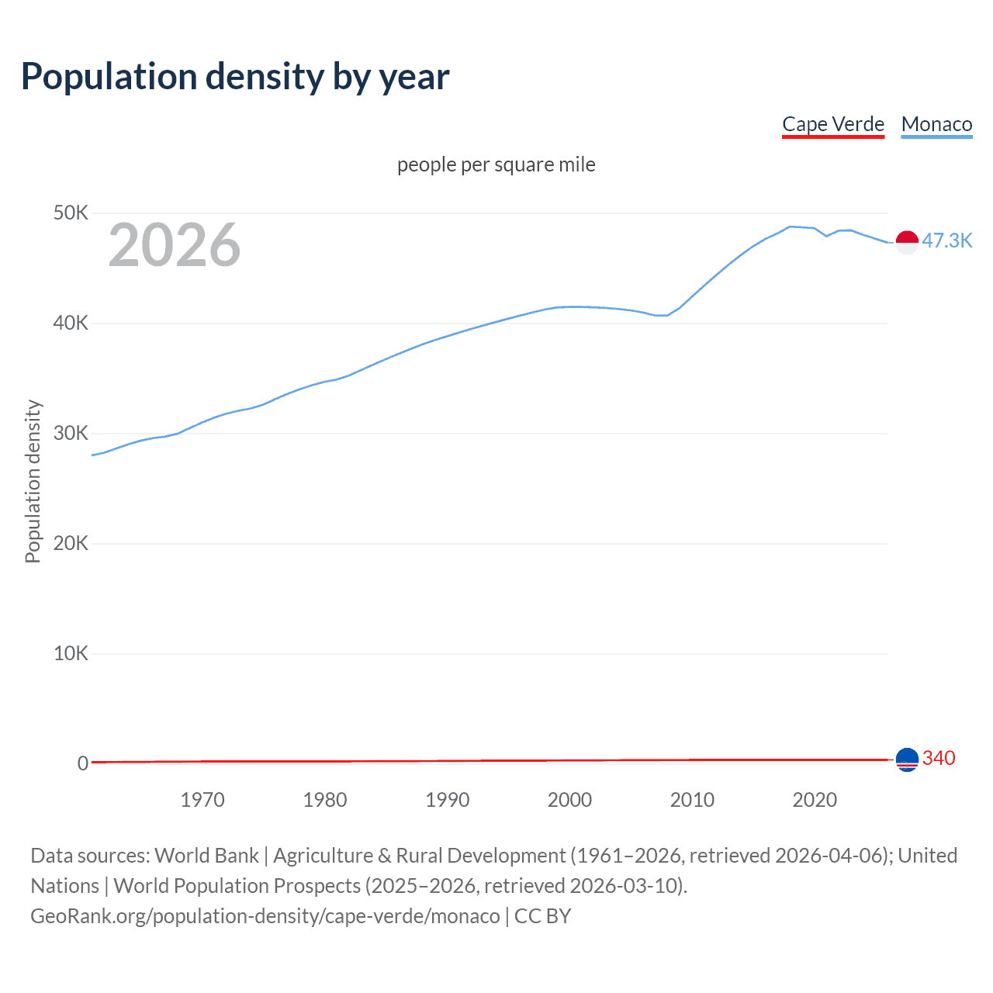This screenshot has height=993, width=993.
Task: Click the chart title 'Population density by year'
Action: pos(235,77)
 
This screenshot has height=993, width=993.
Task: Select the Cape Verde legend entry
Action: pos(832,124)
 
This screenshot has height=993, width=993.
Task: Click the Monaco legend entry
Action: pos(936,124)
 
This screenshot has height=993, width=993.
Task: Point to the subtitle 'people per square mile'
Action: pos(496,164)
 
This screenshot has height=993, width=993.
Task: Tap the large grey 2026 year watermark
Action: pos(175,245)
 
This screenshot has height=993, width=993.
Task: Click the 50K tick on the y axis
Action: pos(71,213)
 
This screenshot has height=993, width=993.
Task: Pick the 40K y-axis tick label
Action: pos(71,323)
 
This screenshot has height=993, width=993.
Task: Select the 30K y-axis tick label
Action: pos(71,433)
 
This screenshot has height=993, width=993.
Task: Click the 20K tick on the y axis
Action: pos(71,543)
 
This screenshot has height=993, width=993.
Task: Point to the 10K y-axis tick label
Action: pos(71,653)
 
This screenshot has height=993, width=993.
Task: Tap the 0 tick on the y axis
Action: pos(82,763)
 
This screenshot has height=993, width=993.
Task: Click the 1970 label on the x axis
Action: pos(202,800)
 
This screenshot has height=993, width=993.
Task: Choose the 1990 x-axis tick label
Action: pos(448,800)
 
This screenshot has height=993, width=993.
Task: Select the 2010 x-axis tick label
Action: pos(692,800)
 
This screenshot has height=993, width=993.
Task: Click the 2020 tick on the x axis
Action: pos(815,800)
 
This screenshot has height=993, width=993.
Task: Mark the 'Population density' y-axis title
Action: pos(33,481)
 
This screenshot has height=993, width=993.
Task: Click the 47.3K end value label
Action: pos(946,240)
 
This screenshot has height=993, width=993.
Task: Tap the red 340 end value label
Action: pos(939,758)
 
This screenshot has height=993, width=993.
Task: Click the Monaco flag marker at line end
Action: pos(907,242)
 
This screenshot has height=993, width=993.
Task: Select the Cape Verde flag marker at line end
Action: pos(907,759)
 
